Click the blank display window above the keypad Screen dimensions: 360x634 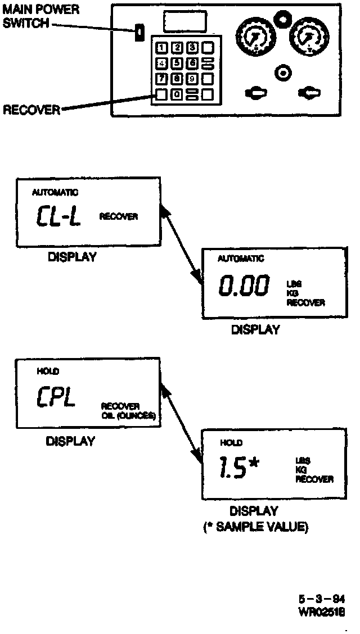click(x=184, y=22)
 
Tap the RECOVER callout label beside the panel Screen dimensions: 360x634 click(x=31, y=110)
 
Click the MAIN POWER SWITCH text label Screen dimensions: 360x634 click(x=40, y=16)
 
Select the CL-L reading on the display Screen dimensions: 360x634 click(x=58, y=216)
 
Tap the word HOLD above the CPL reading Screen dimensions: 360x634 click(x=48, y=372)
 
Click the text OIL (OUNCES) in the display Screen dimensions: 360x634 click(x=128, y=416)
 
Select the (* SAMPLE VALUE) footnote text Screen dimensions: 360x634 click(x=255, y=528)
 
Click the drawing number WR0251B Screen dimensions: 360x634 click(x=322, y=611)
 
